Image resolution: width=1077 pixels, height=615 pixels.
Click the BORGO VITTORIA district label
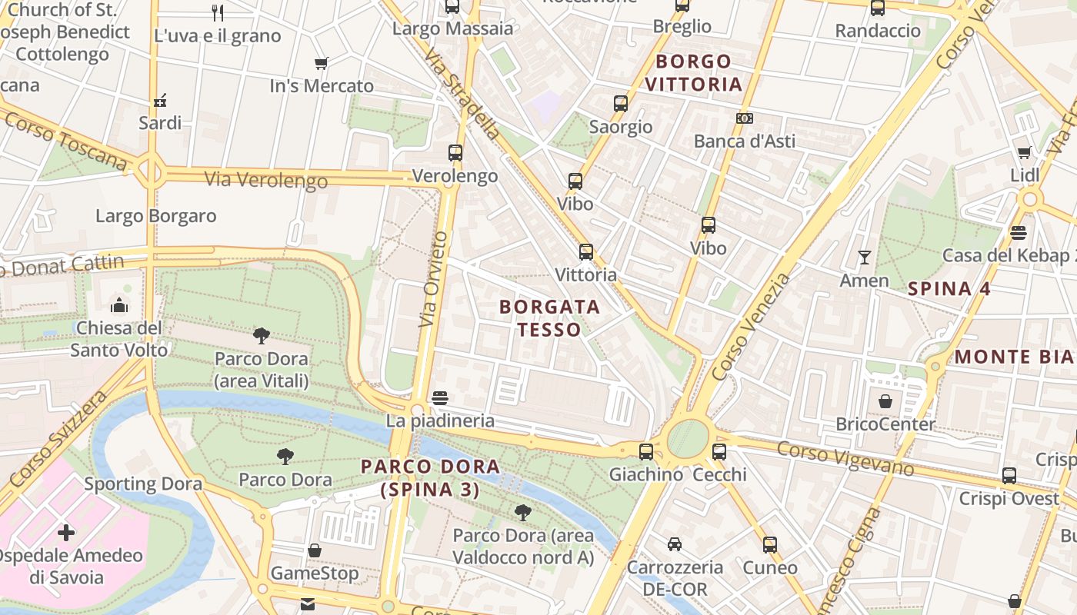(x=694, y=72)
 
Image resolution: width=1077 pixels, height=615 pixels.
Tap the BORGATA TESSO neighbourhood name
(x=549, y=318)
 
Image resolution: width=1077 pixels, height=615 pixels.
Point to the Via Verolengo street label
(x=265, y=180)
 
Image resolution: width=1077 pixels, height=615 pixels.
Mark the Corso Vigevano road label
(x=845, y=459)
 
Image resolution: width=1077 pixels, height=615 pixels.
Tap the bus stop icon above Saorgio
(x=621, y=104)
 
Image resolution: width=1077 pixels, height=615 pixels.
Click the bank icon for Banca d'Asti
(x=744, y=118)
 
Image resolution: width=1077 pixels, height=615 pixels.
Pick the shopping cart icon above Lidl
(x=1024, y=153)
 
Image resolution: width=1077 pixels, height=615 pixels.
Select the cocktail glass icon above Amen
(x=865, y=258)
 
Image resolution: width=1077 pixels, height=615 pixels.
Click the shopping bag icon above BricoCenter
(x=885, y=401)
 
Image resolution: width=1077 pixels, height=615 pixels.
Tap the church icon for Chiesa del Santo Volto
(x=119, y=306)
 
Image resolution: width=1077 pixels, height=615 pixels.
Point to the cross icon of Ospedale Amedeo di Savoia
(x=66, y=532)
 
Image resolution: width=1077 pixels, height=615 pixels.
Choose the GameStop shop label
(x=315, y=573)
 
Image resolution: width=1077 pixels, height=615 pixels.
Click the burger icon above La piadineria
(x=440, y=398)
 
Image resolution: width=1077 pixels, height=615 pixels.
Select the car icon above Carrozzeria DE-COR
(x=675, y=544)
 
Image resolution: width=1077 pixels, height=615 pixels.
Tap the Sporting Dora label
(x=143, y=484)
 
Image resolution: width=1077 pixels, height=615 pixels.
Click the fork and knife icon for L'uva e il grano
(x=218, y=12)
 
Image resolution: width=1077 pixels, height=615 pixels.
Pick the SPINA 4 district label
(x=949, y=289)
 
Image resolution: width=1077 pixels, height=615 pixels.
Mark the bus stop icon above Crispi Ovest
(x=1009, y=476)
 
